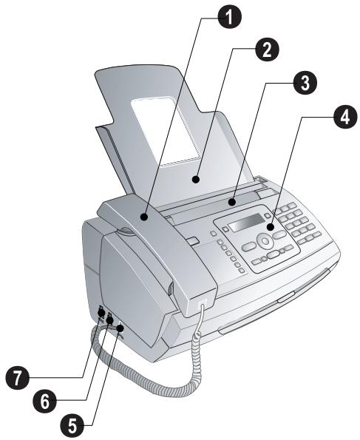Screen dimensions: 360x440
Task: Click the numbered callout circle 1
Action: (229, 17)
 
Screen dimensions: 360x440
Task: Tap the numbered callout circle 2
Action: (267, 50)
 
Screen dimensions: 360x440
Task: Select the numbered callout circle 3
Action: (305, 83)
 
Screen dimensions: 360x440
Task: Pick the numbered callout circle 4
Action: (345, 117)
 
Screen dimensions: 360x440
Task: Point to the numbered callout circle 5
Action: (72, 426)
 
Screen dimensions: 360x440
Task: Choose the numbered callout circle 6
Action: (44, 401)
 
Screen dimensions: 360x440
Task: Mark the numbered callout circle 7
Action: (18, 377)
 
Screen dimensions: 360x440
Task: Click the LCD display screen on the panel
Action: (246, 223)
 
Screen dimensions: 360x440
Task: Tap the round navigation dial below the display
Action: (265, 240)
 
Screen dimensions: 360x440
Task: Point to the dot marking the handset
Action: (144, 217)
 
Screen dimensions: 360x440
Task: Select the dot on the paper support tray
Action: (196, 179)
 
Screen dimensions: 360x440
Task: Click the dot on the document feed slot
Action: (231, 202)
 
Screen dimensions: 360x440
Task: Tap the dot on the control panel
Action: (271, 227)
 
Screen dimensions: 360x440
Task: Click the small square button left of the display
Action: (225, 229)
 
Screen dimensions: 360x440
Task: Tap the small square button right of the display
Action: (268, 215)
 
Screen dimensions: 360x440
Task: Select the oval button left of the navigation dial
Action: (249, 246)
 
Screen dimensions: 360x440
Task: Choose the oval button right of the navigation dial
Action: (279, 234)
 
